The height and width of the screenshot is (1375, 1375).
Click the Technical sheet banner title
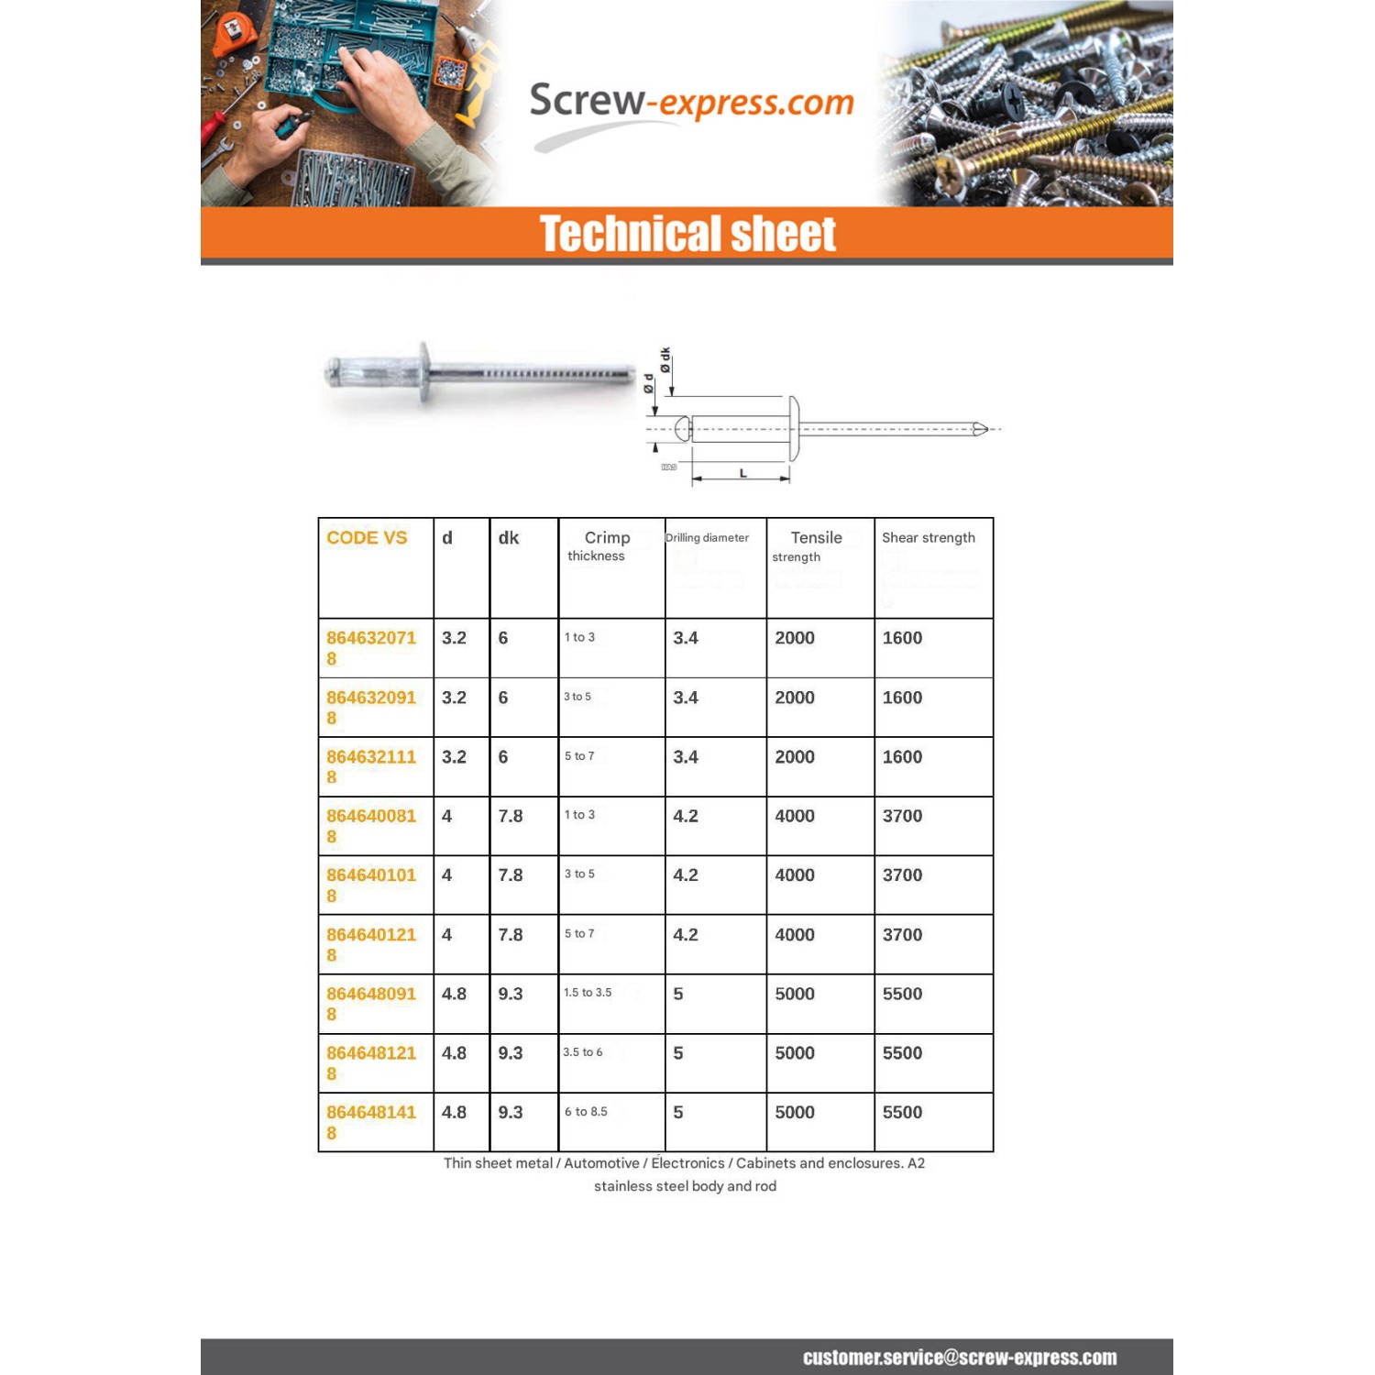[x=687, y=234]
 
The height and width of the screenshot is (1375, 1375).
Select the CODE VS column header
[x=367, y=538]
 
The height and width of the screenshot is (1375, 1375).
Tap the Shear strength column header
[x=928, y=538]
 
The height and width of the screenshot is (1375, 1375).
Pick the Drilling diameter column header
[x=707, y=538]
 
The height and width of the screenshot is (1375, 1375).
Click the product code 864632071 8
[x=370, y=647]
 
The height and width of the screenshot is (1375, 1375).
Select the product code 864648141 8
[x=370, y=1122]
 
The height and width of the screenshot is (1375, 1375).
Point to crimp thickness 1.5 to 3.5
[x=588, y=993]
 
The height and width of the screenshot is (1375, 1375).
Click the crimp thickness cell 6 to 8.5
[x=586, y=1112]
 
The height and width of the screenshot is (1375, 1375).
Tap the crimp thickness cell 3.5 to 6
[x=583, y=1052]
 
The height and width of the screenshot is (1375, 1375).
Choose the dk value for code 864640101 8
[x=511, y=875]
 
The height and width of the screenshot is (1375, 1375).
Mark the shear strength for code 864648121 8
[x=902, y=1053]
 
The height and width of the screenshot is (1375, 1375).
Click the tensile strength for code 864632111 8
[x=795, y=757]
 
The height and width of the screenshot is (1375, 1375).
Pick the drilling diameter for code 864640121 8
[x=686, y=935]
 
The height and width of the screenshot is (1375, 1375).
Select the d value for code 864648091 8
[x=454, y=994]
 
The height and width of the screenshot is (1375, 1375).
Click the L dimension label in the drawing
[x=742, y=473]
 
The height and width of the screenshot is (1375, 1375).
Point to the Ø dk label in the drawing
[x=665, y=360]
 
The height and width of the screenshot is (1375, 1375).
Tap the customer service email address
[x=960, y=1358]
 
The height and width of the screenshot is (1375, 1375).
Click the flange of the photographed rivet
[x=424, y=372]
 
